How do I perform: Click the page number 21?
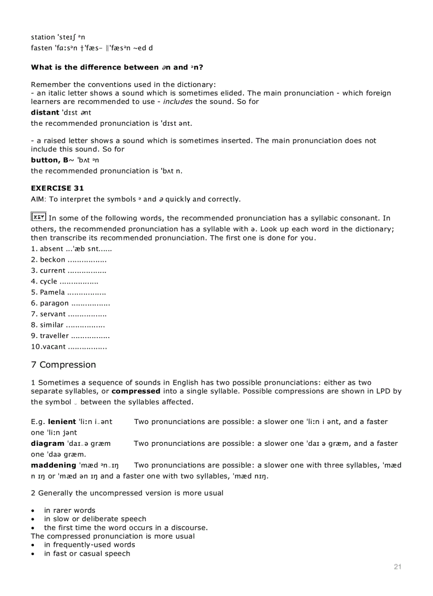coord(397,567)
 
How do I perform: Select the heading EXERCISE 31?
coord(57,188)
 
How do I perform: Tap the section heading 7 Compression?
coord(64,365)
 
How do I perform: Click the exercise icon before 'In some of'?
coord(38,217)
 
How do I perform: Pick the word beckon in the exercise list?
coord(53,260)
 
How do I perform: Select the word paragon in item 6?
coord(54,304)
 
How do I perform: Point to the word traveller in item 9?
coord(54,336)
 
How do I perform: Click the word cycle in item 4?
coord(48,282)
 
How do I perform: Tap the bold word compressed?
coord(136,391)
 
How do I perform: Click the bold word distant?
coord(45,113)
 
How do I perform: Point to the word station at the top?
coord(43,37)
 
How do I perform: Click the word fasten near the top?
coord(41,48)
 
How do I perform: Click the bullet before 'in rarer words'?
coord(33,511)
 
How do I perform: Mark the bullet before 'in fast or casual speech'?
coord(33,554)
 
